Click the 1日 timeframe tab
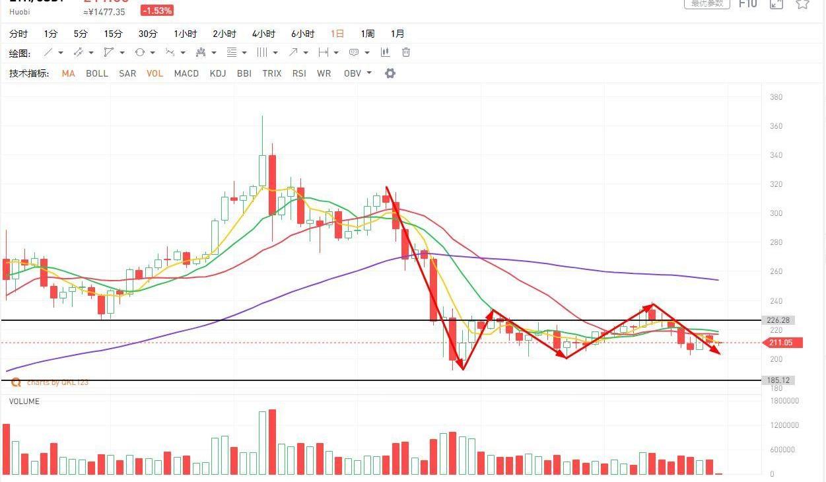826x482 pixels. click(x=337, y=34)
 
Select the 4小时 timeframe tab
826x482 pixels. click(x=263, y=34)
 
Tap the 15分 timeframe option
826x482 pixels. click(x=113, y=34)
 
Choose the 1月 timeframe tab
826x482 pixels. click(x=397, y=34)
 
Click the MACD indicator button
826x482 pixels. click(x=186, y=73)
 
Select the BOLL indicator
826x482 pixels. click(x=97, y=73)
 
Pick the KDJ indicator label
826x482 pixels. click(x=218, y=73)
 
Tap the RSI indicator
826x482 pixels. click(x=299, y=73)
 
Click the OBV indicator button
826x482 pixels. click(x=353, y=73)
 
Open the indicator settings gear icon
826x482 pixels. click(x=390, y=73)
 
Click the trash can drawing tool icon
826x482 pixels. click(x=406, y=52)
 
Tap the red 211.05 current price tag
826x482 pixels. click(x=782, y=343)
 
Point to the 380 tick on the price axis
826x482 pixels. click(x=776, y=97)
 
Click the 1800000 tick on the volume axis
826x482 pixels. click(x=784, y=401)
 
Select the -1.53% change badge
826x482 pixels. click(x=157, y=11)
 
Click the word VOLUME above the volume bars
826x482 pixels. click(x=24, y=401)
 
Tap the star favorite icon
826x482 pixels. click(x=802, y=4)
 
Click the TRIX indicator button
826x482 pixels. click(x=271, y=73)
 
